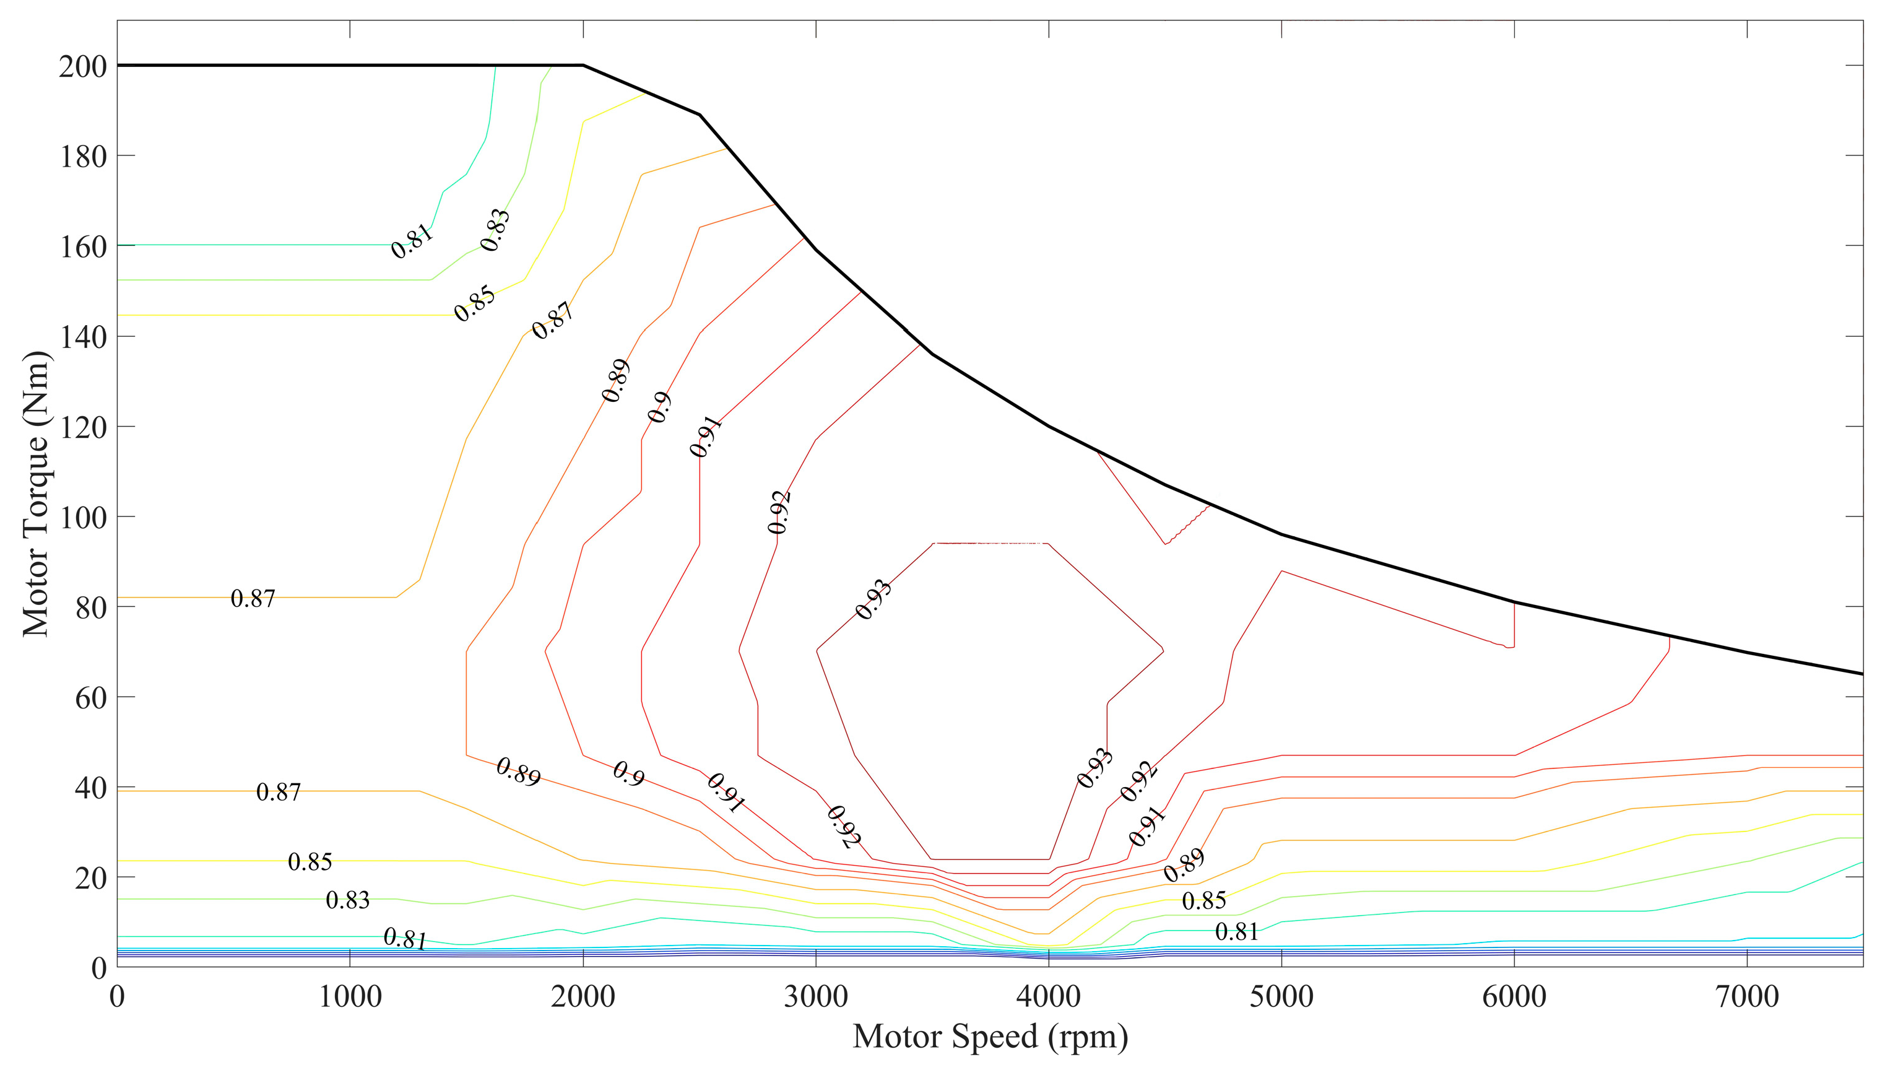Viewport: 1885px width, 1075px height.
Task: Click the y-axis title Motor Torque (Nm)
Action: (x=35, y=493)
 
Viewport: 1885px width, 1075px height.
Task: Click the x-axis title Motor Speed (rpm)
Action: (x=990, y=1037)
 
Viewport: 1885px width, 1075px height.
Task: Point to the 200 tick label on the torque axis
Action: (x=83, y=66)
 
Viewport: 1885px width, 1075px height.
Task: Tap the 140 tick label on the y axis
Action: (x=83, y=337)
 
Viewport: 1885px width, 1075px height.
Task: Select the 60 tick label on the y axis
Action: (x=90, y=698)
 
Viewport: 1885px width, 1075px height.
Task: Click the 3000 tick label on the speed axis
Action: (x=815, y=997)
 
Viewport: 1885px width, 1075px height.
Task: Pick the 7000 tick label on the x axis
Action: (x=1746, y=997)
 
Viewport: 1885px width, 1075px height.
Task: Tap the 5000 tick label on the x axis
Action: (x=1281, y=997)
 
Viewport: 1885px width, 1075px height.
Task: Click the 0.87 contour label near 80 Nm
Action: (x=253, y=599)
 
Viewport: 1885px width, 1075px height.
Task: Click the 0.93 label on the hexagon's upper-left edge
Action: (x=874, y=599)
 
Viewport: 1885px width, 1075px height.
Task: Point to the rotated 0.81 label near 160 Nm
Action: (x=412, y=241)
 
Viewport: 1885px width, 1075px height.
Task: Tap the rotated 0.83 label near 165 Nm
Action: (x=495, y=230)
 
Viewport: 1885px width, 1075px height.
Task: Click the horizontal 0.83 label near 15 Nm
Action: (x=348, y=900)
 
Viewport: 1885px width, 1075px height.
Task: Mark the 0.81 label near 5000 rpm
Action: (x=1236, y=933)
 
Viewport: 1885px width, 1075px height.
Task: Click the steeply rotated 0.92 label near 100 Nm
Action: (x=779, y=511)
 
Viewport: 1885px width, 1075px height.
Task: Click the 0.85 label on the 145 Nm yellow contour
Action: (x=475, y=303)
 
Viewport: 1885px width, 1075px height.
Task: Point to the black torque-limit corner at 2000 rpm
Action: (x=583, y=66)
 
